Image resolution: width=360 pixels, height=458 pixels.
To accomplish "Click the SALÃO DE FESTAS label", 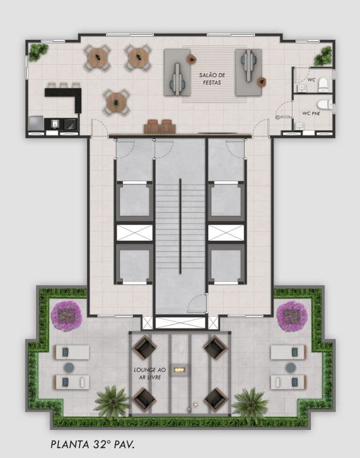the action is [x=212, y=79].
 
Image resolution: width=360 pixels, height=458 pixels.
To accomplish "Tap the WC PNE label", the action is [x=311, y=113].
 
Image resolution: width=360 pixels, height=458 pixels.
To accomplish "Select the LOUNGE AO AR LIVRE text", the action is [x=150, y=374].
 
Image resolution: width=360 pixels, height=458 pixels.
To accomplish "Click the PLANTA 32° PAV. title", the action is [x=93, y=444].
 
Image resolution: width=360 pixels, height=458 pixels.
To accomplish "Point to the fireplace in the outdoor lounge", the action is [x=179, y=370].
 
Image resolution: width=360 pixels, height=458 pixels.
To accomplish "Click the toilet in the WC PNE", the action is [x=325, y=104].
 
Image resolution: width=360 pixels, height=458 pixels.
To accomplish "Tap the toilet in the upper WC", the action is [x=323, y=84].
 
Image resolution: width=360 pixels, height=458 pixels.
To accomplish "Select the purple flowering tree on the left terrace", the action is [x=66, y=316].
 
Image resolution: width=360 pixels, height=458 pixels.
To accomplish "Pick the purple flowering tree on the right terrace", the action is [x=292, y=316].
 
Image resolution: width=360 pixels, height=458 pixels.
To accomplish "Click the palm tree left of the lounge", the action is [x=112, y=400].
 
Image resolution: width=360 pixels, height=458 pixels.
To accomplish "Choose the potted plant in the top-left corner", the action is [x=38, y=52].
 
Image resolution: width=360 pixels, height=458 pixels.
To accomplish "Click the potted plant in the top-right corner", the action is [x=323, y=56].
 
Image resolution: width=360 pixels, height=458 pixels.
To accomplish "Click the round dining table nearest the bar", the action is [x=117, y=102].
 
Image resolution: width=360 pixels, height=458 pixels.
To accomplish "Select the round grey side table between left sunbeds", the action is [x=69, y=368].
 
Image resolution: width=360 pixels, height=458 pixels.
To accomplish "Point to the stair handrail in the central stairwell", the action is [x=180, y=226].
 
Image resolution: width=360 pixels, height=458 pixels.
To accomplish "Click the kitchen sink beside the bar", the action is [x=55, y=124].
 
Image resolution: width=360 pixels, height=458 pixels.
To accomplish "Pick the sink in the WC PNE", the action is [x=299, y=126].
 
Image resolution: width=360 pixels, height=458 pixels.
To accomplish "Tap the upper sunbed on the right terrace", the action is [x=289, y=352].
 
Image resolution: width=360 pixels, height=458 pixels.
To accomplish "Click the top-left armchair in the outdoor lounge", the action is [x=145, y=347].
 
